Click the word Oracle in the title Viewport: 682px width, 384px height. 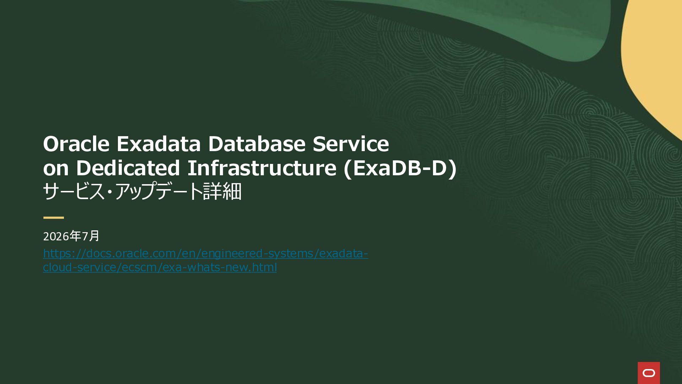tap(76, 144)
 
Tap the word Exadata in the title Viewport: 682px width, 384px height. tap(159, 144)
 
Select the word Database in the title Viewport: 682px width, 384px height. tap(257, 144)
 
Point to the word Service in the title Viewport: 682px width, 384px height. tap(351, 144)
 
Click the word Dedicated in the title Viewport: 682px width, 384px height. tap(128, 168)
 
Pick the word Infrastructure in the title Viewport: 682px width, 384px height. tap(262, 168)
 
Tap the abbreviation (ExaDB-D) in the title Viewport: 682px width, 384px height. tap(400, 168)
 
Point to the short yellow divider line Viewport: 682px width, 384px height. tap(54, 218)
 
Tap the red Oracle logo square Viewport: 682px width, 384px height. tap(649, 373)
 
